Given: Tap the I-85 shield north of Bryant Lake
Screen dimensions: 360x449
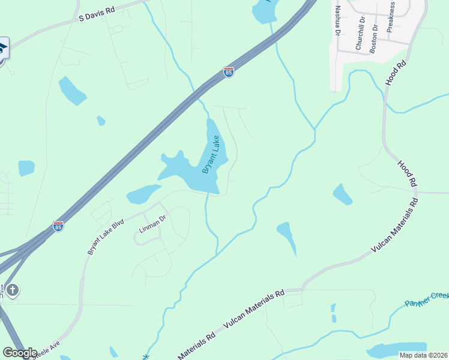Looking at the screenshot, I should pos(228,72).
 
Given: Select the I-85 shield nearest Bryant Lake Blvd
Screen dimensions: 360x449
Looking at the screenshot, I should pos(58,226).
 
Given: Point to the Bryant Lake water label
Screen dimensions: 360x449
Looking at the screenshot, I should pos(211,154).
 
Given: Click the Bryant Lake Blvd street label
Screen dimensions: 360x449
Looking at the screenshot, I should pos(105,236).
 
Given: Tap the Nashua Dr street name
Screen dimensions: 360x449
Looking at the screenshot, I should pos(337,20).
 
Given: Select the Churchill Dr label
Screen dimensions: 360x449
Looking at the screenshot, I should pos(360,33).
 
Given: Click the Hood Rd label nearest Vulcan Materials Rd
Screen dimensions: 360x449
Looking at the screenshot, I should pos(406,173).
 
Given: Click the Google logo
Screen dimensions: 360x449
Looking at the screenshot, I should pos(19,353).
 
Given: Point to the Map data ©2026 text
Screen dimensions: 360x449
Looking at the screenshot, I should pos(423,355).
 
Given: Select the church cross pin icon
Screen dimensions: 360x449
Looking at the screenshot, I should pos(12,291).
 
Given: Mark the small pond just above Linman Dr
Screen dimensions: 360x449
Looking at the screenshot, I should pos(143,194).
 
